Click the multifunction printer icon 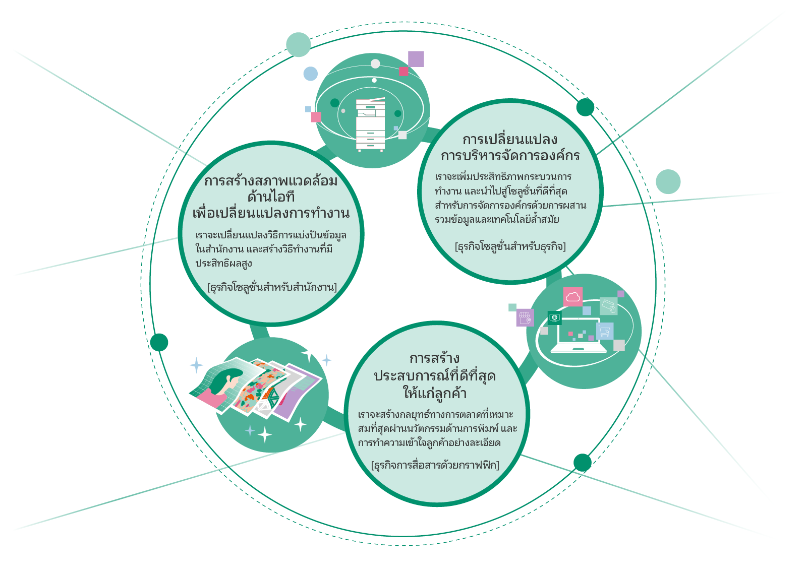coord(371,124)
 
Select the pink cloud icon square coord(572,296)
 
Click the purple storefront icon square coord(525,317)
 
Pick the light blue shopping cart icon coord(605,331)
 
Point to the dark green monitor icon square coord(554,317)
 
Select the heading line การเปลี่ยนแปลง coord(510,139)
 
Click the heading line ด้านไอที coord(271,197)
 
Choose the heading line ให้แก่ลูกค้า coord(434,393)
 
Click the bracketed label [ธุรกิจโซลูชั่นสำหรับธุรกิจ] coord(510,246)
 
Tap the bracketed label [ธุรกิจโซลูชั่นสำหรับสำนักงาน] coord(272,287)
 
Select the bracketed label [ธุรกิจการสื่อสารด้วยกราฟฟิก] coord(435,465)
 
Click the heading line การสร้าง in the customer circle coord(434,358)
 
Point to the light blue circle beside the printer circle coord(310,74)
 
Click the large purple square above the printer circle coord(416,59)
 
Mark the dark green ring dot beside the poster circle coord(159,342)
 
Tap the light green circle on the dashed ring coord(298,44)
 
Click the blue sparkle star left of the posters coord(196,365)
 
